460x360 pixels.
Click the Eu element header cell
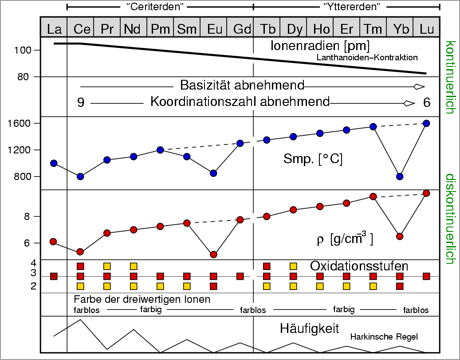pyautogui.click(x=213, y=29)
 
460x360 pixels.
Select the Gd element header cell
pyautogui.click(x=240, y=29)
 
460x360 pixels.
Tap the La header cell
pyautogui.click(x=54, y=29)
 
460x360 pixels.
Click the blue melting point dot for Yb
pyautogui.click(x=400, y=176)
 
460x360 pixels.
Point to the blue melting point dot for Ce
pyautogui.click(x=80, y=176)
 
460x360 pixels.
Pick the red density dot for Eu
pyautogui.click(x=213, y=254)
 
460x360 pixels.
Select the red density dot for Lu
pyautogui.click(x=426, y=193)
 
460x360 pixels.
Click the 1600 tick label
pyautogui.click(x=19, y=123)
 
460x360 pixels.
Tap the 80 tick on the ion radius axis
pyautogui.click(x=24, y=77)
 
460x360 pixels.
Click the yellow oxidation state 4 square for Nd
pyautogui.click(x=134, y=266)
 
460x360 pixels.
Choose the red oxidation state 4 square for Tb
pyautogui.click(x=267, y=266)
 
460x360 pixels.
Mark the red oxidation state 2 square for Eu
pyautogui.click(x=213, y=286)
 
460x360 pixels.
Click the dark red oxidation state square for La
pyautogui.click(x=54, y=276)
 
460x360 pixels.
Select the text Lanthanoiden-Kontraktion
pyautogui.click(x=367, y=57)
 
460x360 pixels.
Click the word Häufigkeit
pyautogui.click(x=310, y=329)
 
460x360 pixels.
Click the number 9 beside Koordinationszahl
pyautogui.click(x=81, y=102)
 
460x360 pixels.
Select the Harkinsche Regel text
pyautogui.click(x=384, y=337)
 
